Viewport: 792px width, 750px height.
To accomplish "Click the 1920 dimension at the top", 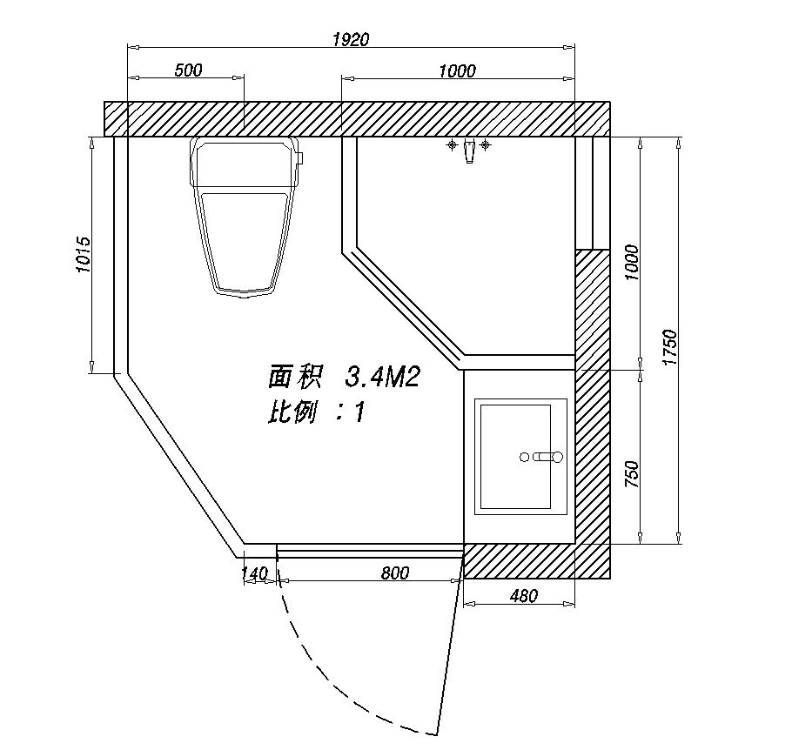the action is pyautogui.click(x=352, y=39).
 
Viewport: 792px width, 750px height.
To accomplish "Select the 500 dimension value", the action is pyautogui.click(x=188, y=70).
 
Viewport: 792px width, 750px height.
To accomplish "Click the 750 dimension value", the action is pyautogui.click(x=632, y=474).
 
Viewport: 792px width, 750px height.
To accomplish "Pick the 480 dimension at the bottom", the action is pyautogui.click(x=524, y=596).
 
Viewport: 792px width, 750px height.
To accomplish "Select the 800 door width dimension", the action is pyautogui.click(x=395, y=573).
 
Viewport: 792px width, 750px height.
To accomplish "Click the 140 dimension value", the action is pyautogui.click(x=253, y=573).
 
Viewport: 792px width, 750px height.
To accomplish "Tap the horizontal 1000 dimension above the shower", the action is pyautogui.click(x=457, y=71).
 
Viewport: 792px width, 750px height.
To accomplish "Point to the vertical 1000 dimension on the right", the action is pyautogui.click(x=632, y=261).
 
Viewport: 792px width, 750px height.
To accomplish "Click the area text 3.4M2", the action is pyautogui.click(x=383, y=378).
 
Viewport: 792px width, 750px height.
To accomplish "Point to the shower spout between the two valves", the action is pyautogui.click(x=469, y=151).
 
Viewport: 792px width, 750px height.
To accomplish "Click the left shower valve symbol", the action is pyautogui.click(x=452, y=144).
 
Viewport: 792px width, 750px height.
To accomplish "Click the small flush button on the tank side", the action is pyautogui.click(x=299, y=158).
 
